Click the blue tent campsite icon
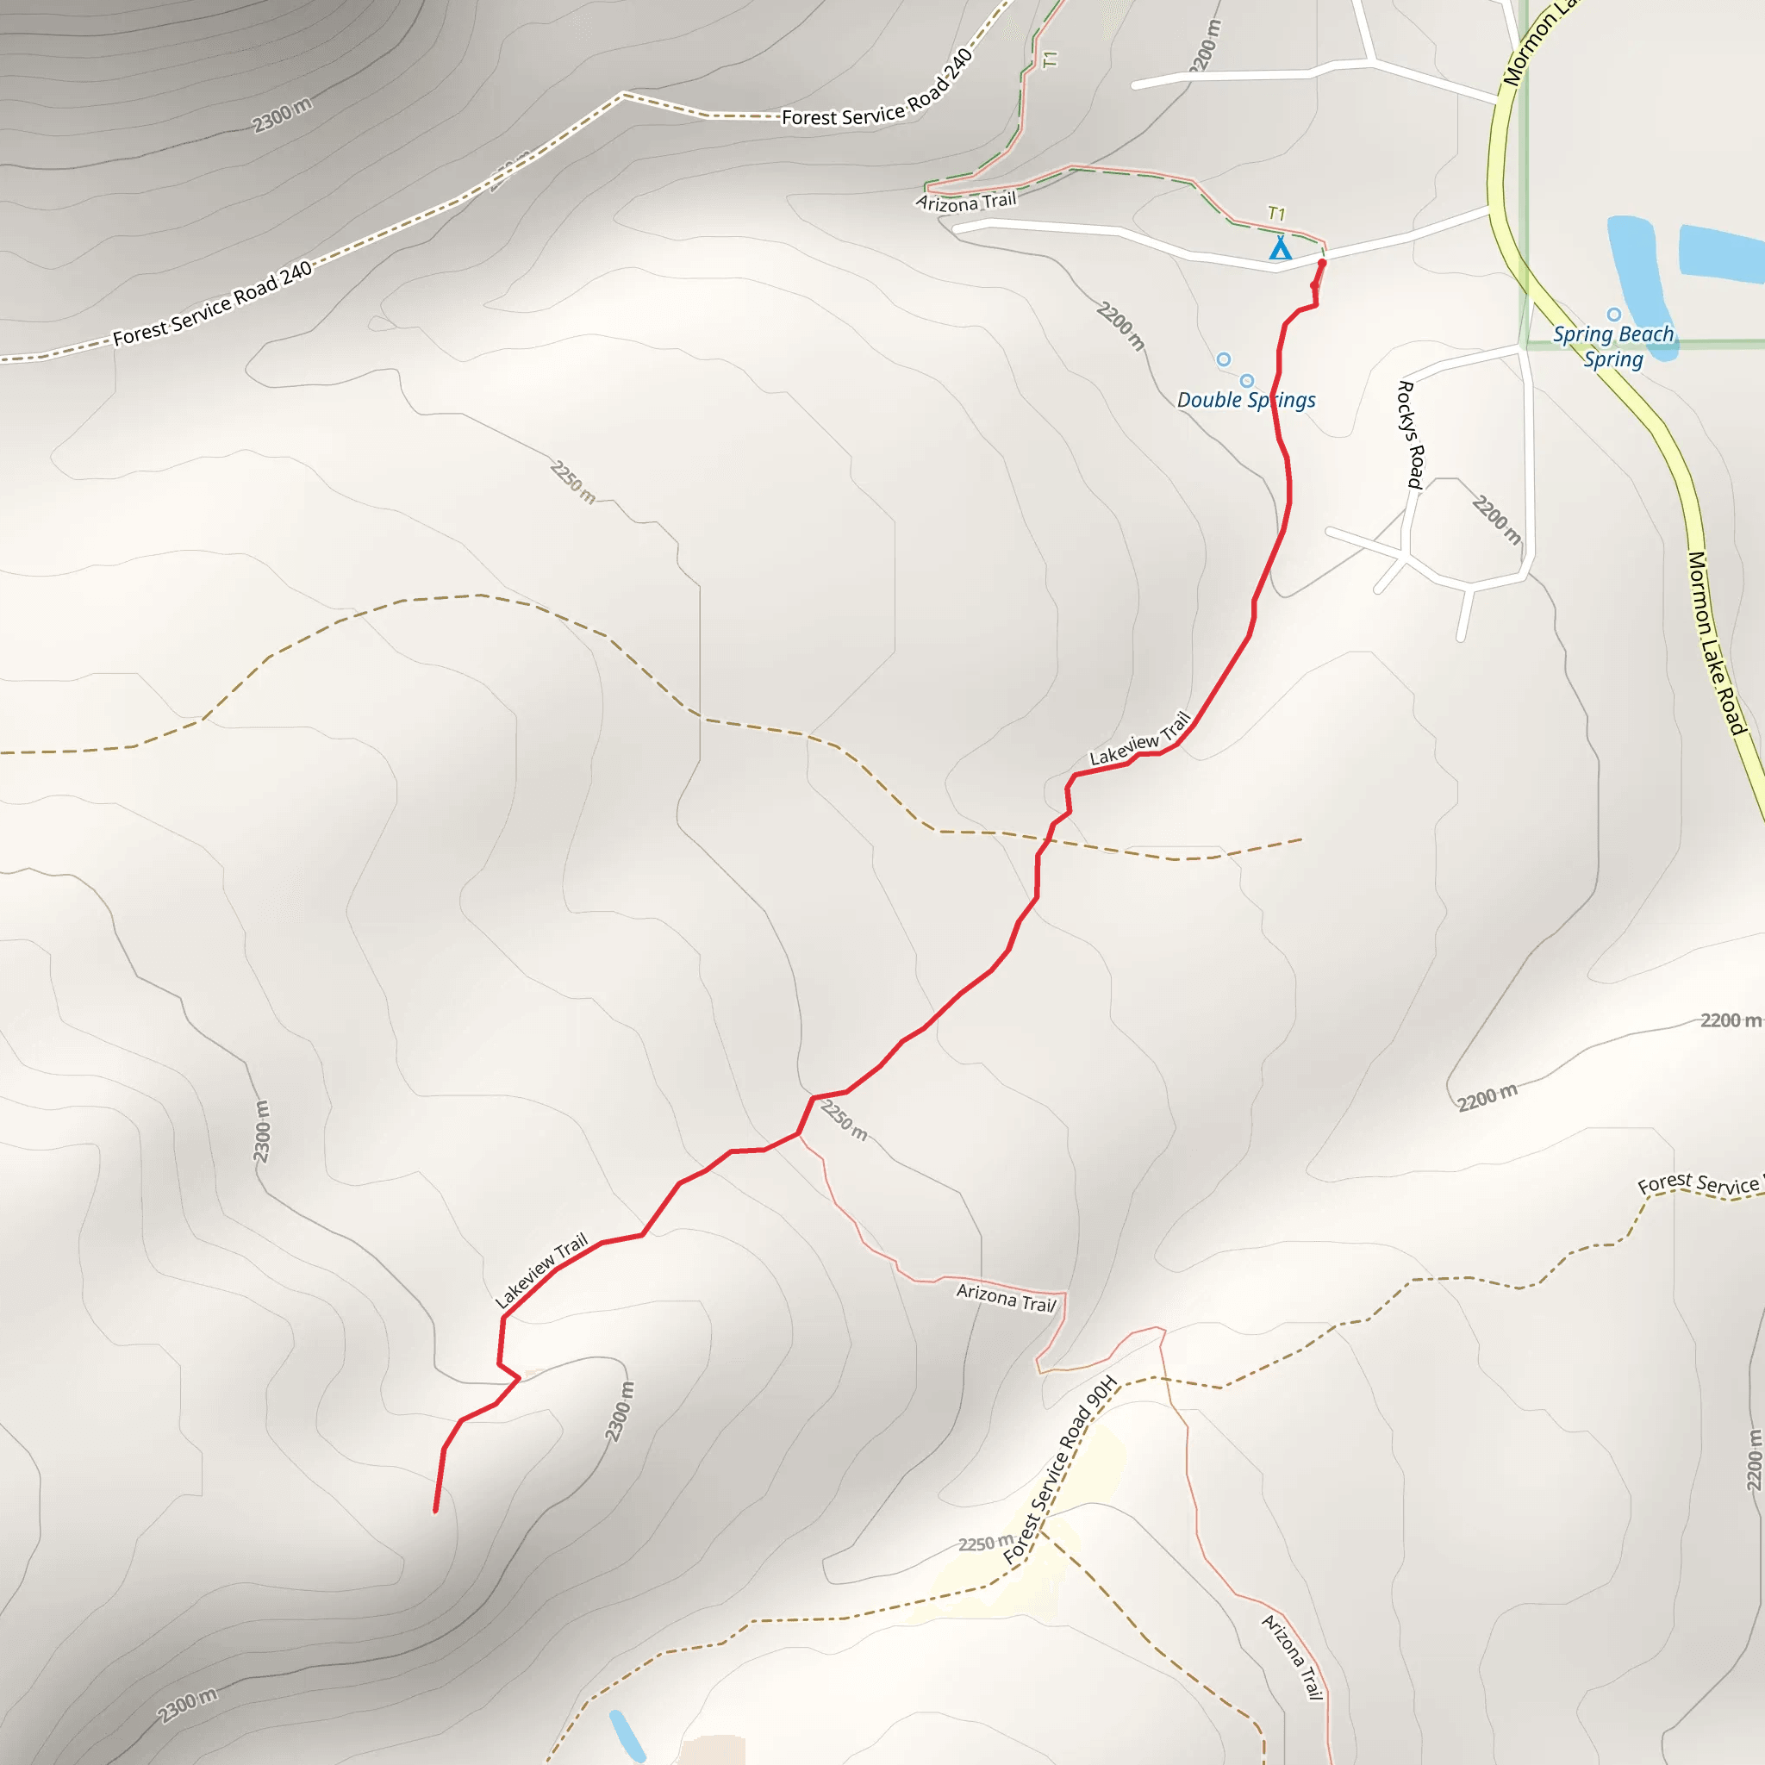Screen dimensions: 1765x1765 (x=1281, y=247)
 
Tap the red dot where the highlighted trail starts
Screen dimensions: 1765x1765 (x=1322, y=263)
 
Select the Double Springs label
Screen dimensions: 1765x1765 (x=1246, y=400)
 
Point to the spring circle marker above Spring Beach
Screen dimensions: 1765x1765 (x=1614, y=315)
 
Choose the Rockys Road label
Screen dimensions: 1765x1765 (x=1412, y=435)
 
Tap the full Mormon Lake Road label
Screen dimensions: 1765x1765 (x=1716, y=643)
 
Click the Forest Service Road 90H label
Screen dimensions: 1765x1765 (x=1060, y=1470)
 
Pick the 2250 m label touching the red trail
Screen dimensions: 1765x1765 (x=843, y=1121)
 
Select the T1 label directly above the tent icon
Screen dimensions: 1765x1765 (x=1276, y=214)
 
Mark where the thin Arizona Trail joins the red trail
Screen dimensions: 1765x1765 (x=800, y=1135)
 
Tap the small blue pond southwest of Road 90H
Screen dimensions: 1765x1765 (x=627, y=1735)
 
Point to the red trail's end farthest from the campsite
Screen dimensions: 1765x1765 (x=436, y=1511)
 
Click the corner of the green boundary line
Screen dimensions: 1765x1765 (x=1523, y=345)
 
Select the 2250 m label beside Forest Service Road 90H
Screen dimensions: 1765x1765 (x=985, y=1544)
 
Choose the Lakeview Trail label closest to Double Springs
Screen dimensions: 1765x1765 (x=1140, y=739)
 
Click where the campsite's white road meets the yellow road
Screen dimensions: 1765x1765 (x=1492, y=209)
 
